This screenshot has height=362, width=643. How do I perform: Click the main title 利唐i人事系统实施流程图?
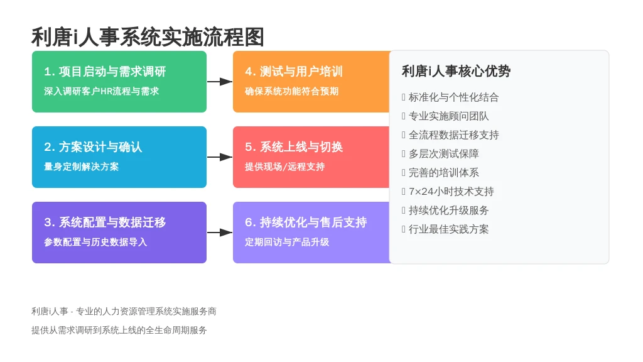(148, 37)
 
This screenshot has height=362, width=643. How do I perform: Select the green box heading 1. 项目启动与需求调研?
(105, 72)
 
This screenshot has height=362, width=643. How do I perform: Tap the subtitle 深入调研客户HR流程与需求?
(101, 91)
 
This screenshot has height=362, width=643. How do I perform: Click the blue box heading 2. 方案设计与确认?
(93, 147)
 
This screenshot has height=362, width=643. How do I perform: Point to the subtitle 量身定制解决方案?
(81, 167)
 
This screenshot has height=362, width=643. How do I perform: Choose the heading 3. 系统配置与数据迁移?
(105, 222)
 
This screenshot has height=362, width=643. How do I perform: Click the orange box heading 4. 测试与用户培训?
(294, 72)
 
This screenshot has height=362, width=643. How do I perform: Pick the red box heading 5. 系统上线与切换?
(294, 147)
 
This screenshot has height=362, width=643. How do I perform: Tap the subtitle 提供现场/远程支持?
(284, 167)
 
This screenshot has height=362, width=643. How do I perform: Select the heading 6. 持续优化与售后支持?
(306, 222)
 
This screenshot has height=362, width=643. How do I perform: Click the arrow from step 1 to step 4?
(220, 82)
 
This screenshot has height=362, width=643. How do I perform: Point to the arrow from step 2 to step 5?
(220, 157)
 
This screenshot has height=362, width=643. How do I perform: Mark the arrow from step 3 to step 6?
(220, 233)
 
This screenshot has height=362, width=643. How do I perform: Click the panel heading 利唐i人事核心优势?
(456, 72)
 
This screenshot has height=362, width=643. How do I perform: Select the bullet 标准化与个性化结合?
(453, 97)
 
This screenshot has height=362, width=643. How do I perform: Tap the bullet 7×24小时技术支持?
(451, 192)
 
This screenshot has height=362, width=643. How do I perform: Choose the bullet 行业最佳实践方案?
(448, 229)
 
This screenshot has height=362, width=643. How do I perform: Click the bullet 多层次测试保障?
(444, 154)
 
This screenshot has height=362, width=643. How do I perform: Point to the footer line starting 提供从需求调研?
(119, 331)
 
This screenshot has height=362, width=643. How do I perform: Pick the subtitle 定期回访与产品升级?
(287, 242)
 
